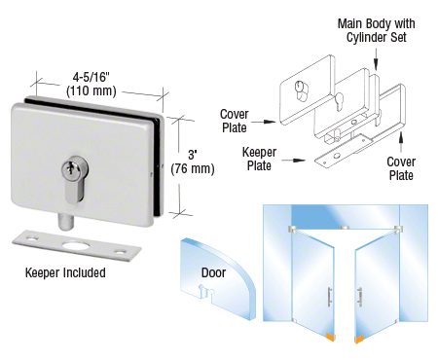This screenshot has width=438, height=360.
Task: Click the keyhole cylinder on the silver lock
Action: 75,178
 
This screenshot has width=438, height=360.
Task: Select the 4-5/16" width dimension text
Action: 91,77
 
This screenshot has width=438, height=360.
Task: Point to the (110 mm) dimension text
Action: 91,90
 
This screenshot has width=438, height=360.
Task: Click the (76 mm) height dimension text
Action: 193,169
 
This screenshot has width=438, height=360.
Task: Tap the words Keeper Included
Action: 65,272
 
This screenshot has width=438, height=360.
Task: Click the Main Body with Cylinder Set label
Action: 377,30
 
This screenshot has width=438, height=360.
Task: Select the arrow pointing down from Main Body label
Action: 376,59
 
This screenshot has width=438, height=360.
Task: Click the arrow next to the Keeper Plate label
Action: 294,161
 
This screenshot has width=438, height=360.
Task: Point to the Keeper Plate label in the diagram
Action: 259,159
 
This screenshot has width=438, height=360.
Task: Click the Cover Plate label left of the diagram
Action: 235,121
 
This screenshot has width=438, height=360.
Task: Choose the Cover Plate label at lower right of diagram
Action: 401,168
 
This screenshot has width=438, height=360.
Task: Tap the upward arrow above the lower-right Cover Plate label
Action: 401,142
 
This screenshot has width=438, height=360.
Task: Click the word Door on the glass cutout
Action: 213,272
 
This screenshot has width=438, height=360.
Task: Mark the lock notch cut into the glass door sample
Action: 204,291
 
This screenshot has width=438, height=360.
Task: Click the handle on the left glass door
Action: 329,297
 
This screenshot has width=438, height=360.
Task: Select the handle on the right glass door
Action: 359,297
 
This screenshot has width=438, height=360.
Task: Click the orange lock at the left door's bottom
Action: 330,338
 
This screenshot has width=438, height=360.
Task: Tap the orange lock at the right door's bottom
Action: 359,340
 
